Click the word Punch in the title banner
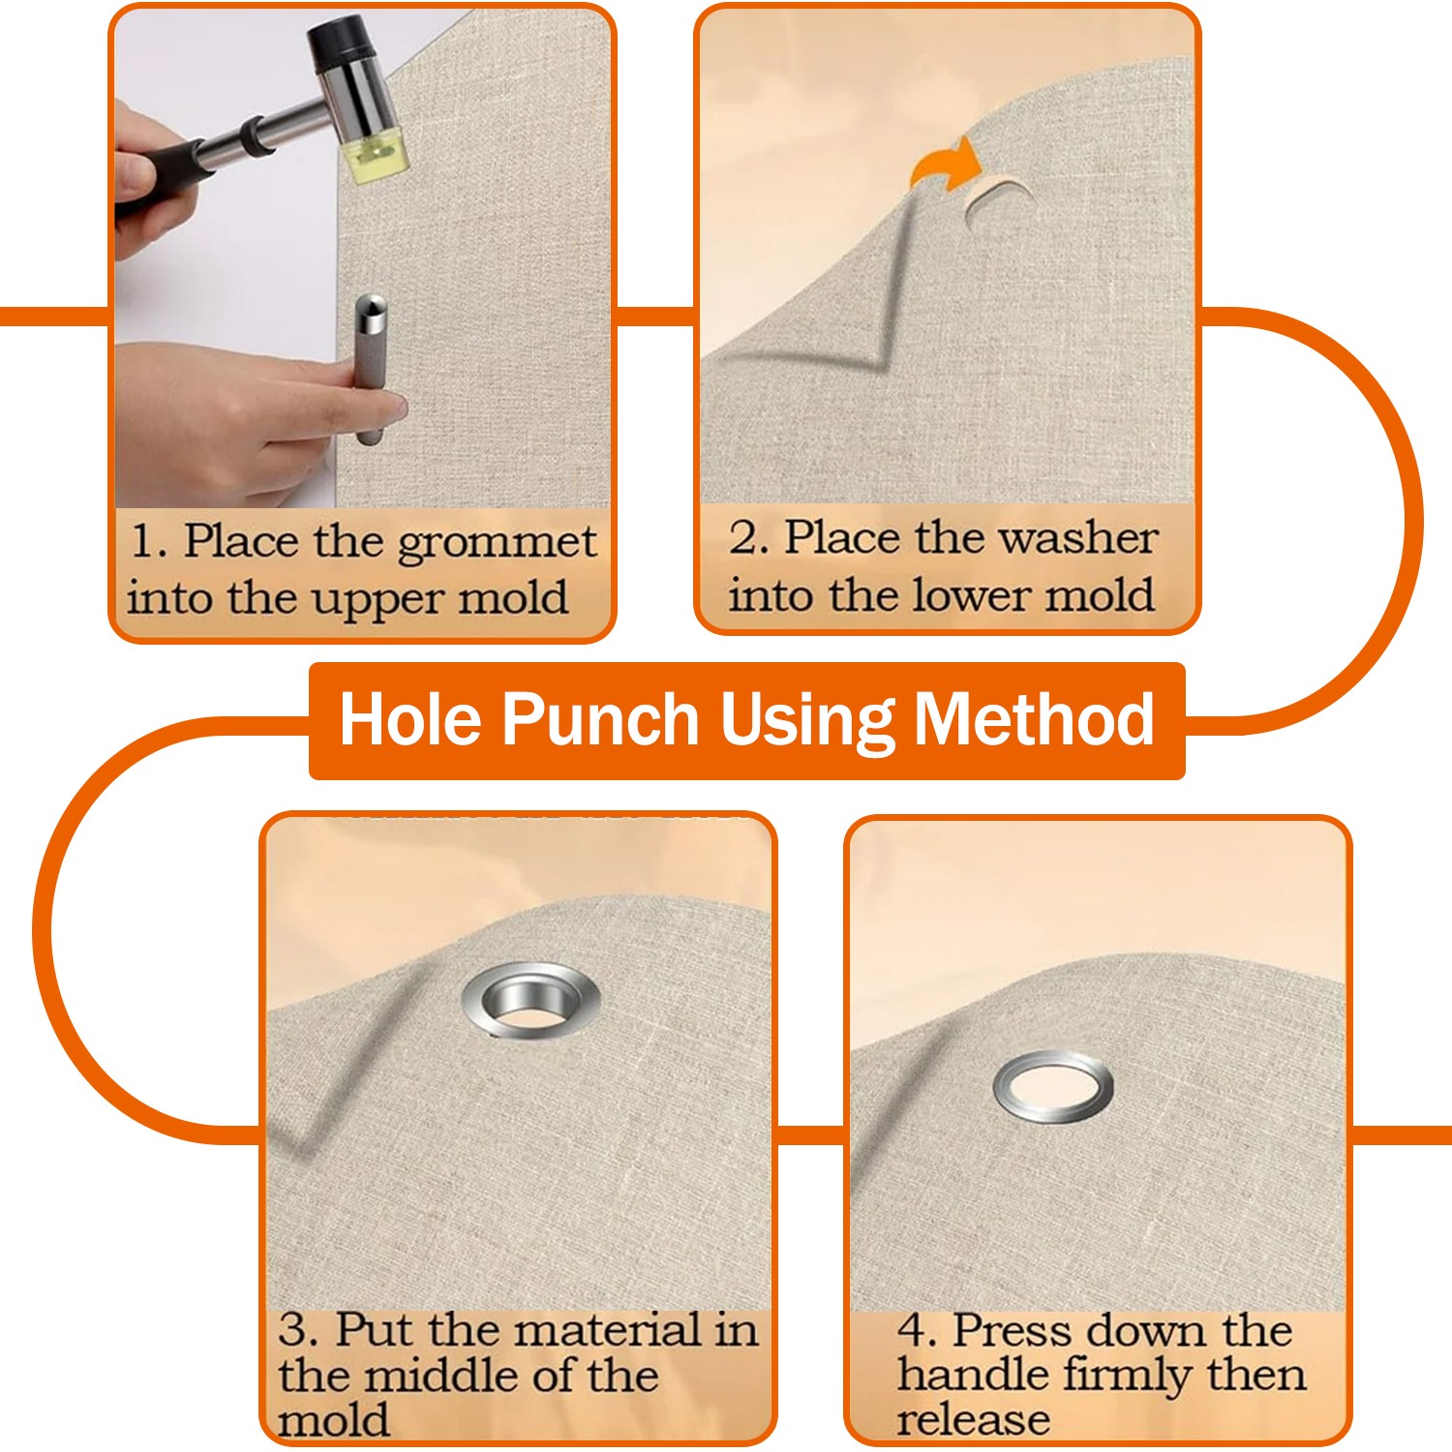click(600, 720)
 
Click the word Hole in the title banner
click(410, 720)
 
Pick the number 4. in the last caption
click(916, 1330)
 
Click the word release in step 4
click(972, 1420)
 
